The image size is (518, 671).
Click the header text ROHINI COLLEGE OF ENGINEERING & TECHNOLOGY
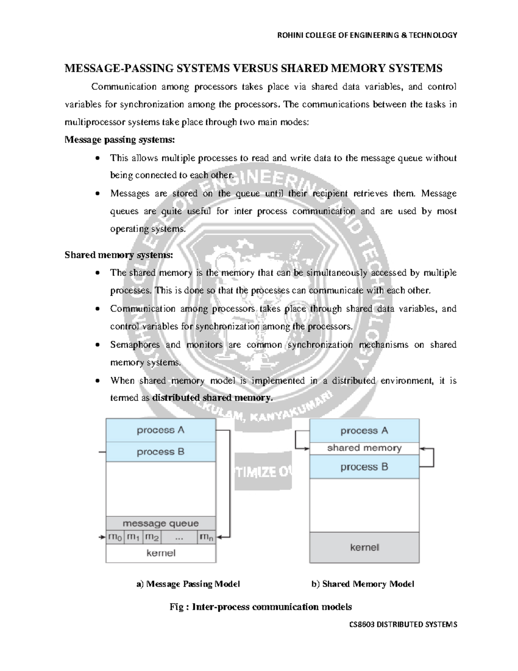[x=366, y=35]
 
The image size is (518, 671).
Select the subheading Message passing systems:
[x=120, y=140]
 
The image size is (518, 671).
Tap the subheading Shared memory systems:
[x=119, y=255]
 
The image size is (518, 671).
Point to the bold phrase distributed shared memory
[x=212, y=398]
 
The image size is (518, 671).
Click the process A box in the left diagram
[x=161, y=430]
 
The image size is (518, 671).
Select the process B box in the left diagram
[x=161, y=452]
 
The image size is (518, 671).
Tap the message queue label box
[x=161, y=524]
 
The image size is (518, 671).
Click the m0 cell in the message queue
[x=115, y=537]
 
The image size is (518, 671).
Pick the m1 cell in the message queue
[x=133, y=537]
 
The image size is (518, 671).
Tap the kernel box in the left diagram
[x=161, y=553]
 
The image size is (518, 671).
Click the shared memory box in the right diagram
[x=364, y=448]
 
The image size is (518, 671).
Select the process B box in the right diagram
[x=364, y=467]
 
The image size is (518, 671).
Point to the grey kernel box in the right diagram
[x=364, y=547]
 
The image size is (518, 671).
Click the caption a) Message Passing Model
[x=188, y=584]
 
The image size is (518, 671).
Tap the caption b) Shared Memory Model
[x=363, y=584]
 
